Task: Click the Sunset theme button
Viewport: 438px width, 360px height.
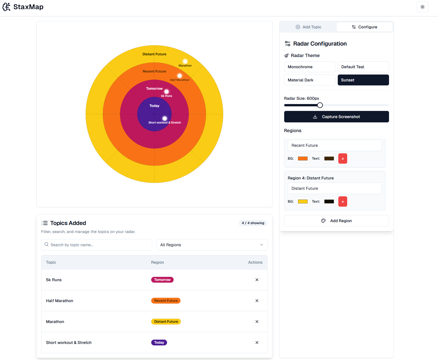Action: (x=363, y=80)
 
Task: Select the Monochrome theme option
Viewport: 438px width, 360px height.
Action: (x=309, y=67)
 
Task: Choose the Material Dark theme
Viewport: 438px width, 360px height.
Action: (x=309, y=80)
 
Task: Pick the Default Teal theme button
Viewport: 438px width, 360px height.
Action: (x=363, y=67)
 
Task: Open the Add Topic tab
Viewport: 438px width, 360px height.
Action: (x=308, y=27)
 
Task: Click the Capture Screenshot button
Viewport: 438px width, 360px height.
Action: (x=336, y=117)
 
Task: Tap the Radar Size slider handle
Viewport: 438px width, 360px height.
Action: (x=320, y=105)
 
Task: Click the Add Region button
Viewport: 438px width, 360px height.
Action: (x=336, y=221)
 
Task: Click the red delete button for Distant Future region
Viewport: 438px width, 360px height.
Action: (x=343, y=201)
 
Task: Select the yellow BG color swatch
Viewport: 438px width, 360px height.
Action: (x=303, y=201)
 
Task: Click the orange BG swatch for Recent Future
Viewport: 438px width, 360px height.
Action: (x=303, y=159)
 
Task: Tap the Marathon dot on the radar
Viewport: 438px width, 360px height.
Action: (x=185, y=61)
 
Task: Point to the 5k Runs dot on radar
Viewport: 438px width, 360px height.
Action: (x=166, y=92)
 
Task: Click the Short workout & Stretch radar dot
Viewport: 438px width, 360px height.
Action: (x=165, y=118)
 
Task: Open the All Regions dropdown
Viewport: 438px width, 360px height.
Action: (x=212, y=245)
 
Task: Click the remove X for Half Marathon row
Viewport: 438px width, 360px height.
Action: (x=257, y=301)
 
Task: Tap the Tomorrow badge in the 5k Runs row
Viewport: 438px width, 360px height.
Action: (x=162, y=280)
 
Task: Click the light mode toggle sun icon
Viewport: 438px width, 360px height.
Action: (x=422, y=7)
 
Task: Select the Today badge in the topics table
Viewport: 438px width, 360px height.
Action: (x=159, y=343)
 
